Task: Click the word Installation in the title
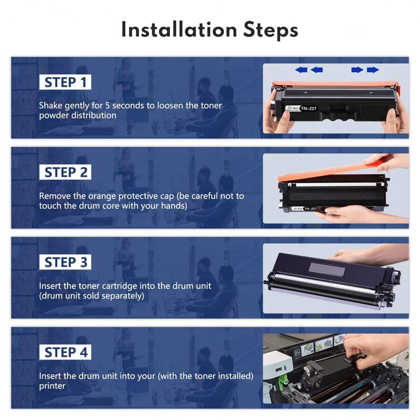pos(178,29)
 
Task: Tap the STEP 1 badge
pos(65,83)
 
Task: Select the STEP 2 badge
pos(65,172)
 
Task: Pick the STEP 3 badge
pos(65,262)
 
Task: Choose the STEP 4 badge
pos(65,352)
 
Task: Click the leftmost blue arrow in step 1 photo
pos(301,70)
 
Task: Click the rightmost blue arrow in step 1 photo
pos(373,70)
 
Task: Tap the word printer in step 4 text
pos(52,386)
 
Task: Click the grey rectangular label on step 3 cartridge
pos(327,269)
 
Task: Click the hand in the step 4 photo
pos(373,348)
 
